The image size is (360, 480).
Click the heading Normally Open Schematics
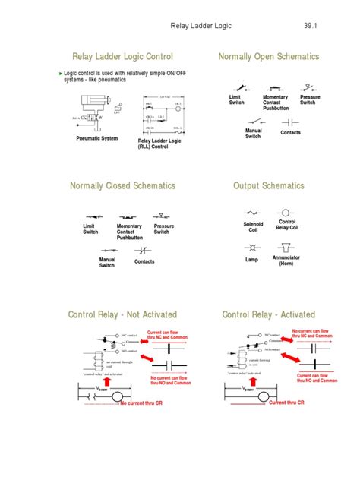[x=268, y=57]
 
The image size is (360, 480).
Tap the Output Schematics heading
[x=268, y=186]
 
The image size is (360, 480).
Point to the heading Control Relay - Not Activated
[x=122, y=314]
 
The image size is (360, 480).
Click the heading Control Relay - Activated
[x=268, y=314]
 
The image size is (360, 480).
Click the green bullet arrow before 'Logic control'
[x=61, y=74]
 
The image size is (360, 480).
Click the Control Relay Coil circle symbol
[x=286, y=213]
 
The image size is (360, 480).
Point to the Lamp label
[x=251, y=260]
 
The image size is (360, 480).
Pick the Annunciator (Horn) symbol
[x=286, y=248]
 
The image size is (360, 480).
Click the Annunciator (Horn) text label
[x=286, y=261]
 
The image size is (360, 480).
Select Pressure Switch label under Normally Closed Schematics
[x=164, y=229]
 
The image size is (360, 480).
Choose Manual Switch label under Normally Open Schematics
[x=253, y=134]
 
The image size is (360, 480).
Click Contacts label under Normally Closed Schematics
[x=144, y=261]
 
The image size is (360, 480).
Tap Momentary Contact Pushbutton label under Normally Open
[x=275, y=103]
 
